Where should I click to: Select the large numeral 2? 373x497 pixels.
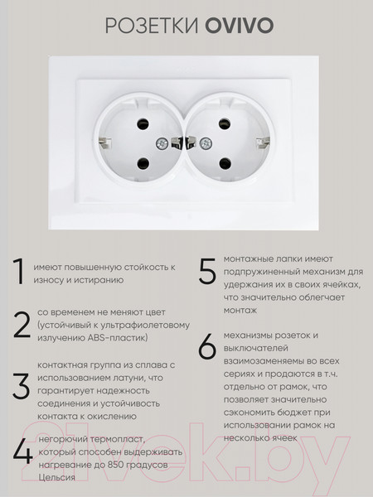click(x=21, y=325)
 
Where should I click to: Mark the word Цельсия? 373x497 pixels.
click(x=57, y=477)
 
